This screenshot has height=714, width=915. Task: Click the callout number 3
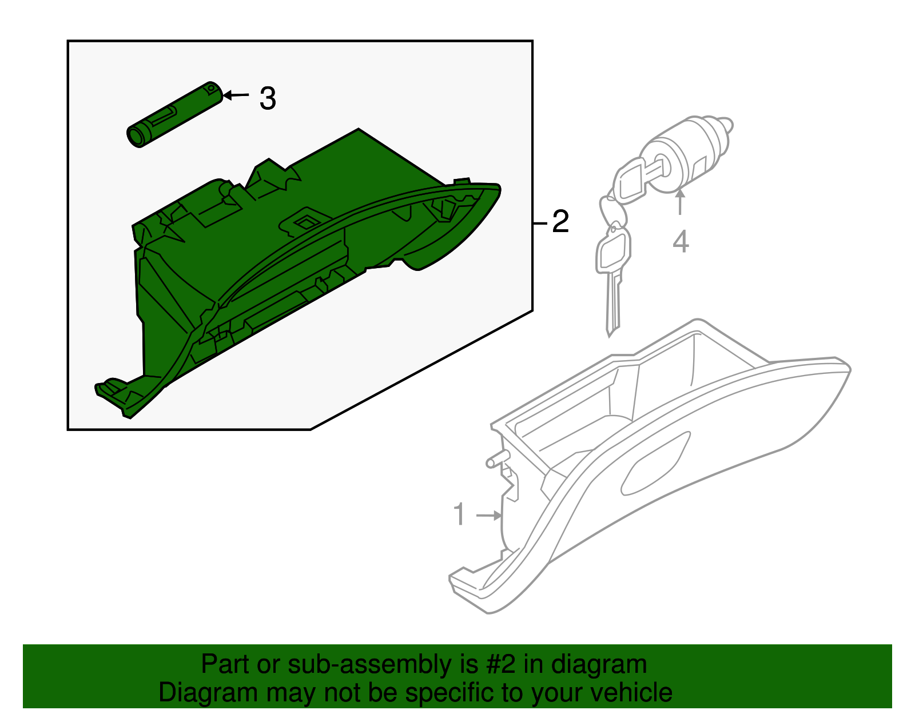point(268,98)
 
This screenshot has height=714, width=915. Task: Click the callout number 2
point(560,221)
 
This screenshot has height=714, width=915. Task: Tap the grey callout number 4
point(681,241)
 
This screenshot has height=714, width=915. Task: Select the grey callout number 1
point(459,514)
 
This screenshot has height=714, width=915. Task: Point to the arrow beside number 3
point(236,95)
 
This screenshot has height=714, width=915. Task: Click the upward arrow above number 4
point(680,202)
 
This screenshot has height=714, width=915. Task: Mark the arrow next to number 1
point(488,516)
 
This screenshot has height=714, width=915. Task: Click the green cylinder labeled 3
point(174,114)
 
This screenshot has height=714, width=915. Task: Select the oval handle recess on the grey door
point(655,463)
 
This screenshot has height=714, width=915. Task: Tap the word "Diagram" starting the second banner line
point(208,693)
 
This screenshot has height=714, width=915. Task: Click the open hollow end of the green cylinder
point(136,136)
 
